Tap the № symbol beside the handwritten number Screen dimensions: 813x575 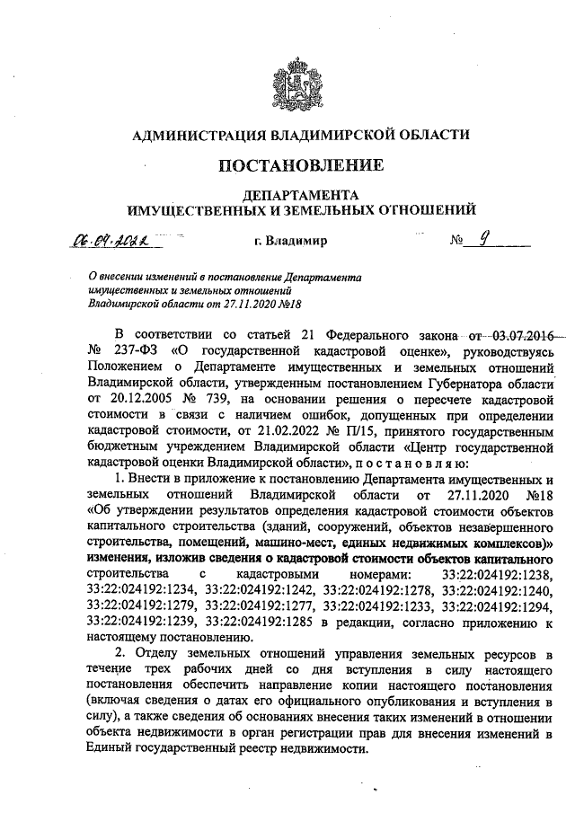[x=459, y=242]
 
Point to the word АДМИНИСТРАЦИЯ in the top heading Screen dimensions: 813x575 [x=193, y=135]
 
